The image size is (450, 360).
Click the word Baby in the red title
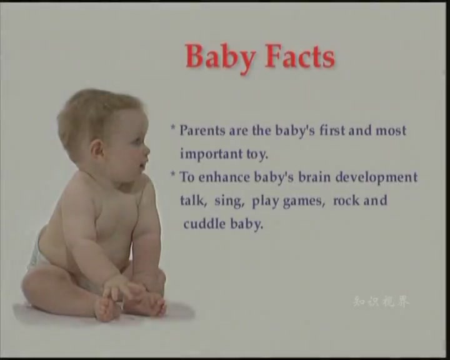(x=221, y=57)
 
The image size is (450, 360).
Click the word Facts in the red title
(x=299, y=56)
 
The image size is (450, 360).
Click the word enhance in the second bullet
(x=224, y=177)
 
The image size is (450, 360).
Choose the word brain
(x=314, y=177)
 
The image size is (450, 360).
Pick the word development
(x=376, y=177)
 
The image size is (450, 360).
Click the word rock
(x=346, y=200)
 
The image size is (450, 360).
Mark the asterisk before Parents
(x=173, y=127)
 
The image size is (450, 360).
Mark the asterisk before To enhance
(x=173, y=174)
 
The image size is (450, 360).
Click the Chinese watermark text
(x=381, y=302)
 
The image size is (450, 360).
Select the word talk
(x=194, y=201)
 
